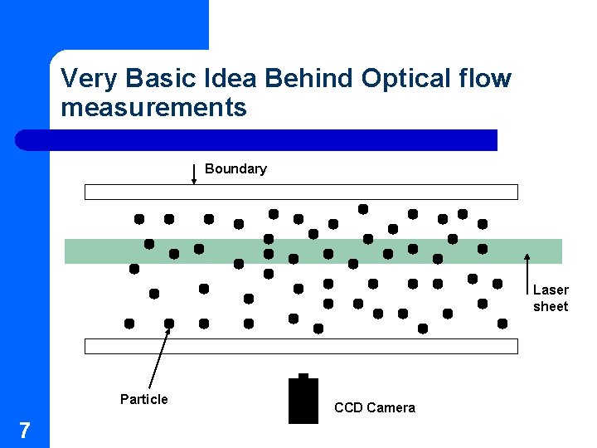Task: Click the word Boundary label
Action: point(235,168)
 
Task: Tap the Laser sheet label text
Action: point(551,298)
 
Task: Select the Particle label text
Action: point(143,399)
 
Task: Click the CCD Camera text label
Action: point(374,407)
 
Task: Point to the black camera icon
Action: point(303,402)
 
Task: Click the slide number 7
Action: point(25,430)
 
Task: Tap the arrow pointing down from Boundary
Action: point(193,173)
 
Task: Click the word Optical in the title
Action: point(408,79)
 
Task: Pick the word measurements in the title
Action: point(153,107)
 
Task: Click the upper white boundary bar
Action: point(301,192)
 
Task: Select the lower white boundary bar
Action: point(301,346)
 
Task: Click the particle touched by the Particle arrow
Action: point(169,324)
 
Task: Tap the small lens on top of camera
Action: point(303,376)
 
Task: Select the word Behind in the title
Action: point(313,79)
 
